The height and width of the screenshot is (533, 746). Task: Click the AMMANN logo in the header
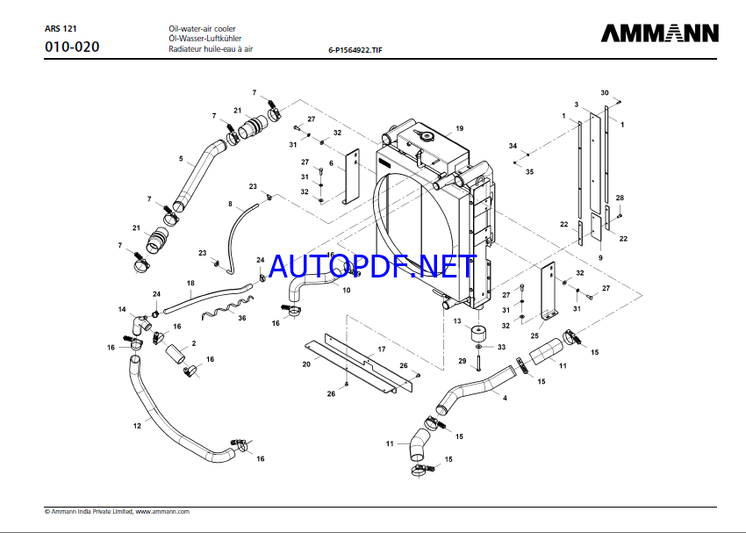click(x=659, y=33)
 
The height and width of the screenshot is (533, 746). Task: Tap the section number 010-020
click(x=72, y=47)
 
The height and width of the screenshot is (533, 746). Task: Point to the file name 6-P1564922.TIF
click(x=355, y=51)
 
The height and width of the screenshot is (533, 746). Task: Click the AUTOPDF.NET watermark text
click(x=373, y=264)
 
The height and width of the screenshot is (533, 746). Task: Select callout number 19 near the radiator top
click(x=459, y=128)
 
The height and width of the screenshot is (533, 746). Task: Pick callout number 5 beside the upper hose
click(x=181, y=159)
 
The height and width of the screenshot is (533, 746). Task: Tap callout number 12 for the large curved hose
click(x=137, y=426)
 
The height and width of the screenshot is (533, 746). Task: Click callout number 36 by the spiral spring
click(x=242, y=318)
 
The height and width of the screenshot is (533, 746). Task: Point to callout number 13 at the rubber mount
click(x=457, y=321)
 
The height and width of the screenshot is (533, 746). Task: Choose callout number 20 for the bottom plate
click(x=306, y=364)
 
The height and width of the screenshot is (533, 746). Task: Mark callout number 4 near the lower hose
click(x=504, y=398)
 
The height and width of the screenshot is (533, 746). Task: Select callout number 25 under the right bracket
click(x=534, y=335)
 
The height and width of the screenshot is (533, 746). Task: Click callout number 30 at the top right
click(x=604, y=92)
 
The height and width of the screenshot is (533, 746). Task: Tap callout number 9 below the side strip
click(x=600, y=257)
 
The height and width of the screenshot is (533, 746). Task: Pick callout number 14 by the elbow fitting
click(x=123, y=308)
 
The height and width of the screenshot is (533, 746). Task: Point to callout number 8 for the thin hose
click(x=230, y=204)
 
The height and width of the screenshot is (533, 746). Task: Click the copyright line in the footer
click(x=117, y=511)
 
